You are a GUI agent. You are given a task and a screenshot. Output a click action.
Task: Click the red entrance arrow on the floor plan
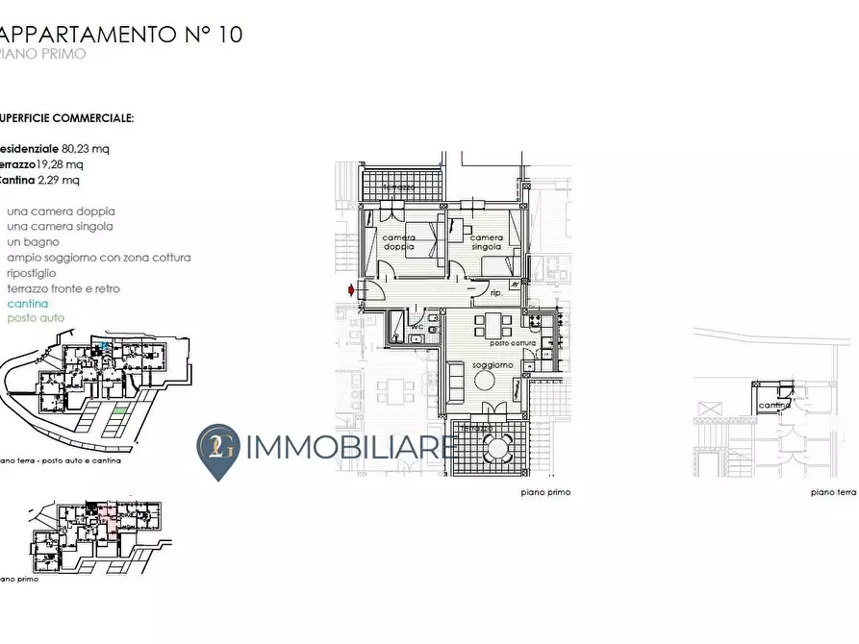pos(352,289)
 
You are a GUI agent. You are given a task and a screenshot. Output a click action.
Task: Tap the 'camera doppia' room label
pos(398,242)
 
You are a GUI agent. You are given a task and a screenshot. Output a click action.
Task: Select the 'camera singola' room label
pos(486,242)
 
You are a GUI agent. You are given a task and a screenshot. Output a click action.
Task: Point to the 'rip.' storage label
pos(497,293)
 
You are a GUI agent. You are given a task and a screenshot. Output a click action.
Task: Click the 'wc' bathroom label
pos(417,327)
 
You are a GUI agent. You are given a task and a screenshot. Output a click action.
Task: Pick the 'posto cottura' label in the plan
pos(512,343)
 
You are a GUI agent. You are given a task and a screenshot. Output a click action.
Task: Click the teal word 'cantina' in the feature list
pos(27,304)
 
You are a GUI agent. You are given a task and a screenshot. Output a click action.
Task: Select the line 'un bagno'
pos(33,242)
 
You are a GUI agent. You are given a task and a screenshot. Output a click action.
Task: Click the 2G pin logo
pos(218,449)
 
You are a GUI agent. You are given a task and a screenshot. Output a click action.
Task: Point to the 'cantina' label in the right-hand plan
pos(773,406)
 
